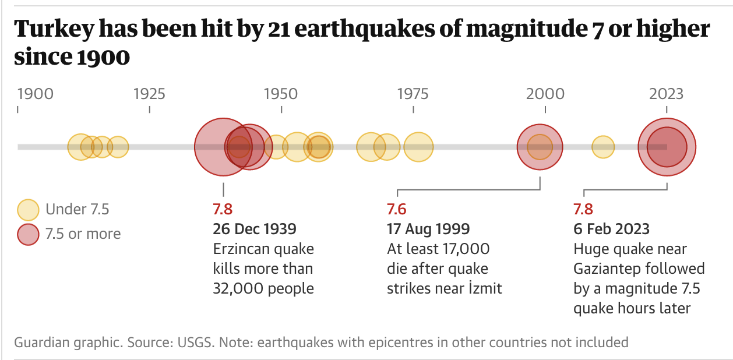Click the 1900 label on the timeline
pos(36,94)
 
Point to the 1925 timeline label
pos(149,94)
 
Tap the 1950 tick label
pos(281,94)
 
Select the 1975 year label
pos(413,94)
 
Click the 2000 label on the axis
pos(545,94)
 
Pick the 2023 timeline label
pos(667,94)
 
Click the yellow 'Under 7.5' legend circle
pos(27,209)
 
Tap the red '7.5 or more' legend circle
pos(27,234)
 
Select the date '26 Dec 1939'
pos(255,229)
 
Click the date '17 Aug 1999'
pos(428,229)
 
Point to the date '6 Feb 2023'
pos(611,229)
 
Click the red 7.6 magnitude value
pos(397,209)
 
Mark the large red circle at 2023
pos(667,147)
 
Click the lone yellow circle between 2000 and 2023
pos(603,147)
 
